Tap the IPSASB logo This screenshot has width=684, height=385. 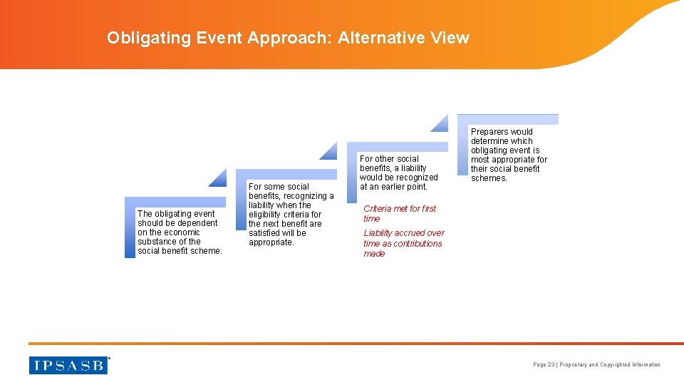pyautogui.click(x=68, y=364)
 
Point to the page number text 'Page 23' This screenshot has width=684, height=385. pyautogui.click(x=544, y=365)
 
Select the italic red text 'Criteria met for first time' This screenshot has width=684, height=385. pyautogui.click(x=400, y=214)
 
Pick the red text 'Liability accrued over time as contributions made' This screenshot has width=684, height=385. pyautogui.click(x=403, y=243)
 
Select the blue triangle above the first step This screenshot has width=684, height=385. pyautogui.click(x=218, y=178)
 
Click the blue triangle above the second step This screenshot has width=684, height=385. pyautogui.click(x=328, y=151)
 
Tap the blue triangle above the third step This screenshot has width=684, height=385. pyautogui.click(x=440, y=123)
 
